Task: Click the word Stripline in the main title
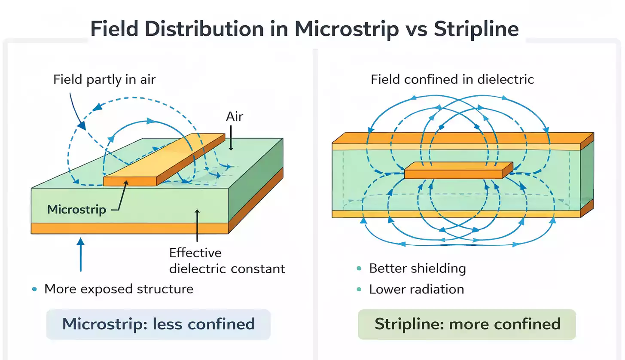[x=476, y=29]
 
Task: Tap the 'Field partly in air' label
[x=104, y=79]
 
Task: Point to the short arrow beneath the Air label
[x=231, y=140]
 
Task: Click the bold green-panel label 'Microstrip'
[x=76, y=210]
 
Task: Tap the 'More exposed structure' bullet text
[x=119, y=289]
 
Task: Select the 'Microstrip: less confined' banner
[x=159, y=324]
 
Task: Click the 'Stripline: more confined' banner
[x=467, y=324]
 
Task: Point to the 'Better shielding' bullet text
[x=418, y=268]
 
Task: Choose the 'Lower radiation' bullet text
[x=416, y=289]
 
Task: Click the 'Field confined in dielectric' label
[x=452, y=79]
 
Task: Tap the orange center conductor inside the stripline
[x=458, y=171]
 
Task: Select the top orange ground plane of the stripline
[x=455, y=138]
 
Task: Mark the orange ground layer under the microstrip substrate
[x=129, y=228]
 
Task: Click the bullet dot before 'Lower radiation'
[x=359, y=289]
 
